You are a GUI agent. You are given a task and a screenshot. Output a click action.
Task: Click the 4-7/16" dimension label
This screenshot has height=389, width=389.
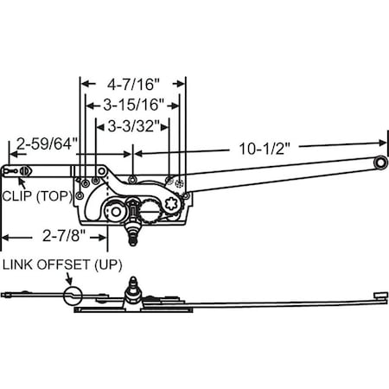132,86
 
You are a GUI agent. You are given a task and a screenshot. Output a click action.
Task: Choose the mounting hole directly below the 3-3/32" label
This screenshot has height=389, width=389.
131,180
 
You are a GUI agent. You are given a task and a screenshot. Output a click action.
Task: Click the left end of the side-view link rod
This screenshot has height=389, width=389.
5,297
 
